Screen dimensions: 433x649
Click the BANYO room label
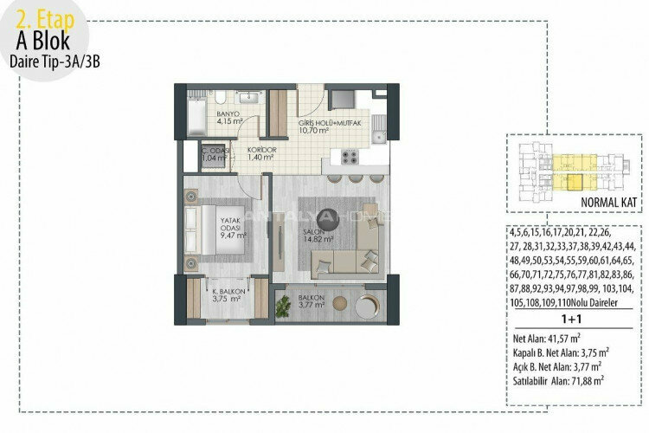point(228,119)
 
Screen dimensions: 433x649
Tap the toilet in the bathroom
point(221,98)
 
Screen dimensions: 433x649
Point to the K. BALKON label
point(228,297)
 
